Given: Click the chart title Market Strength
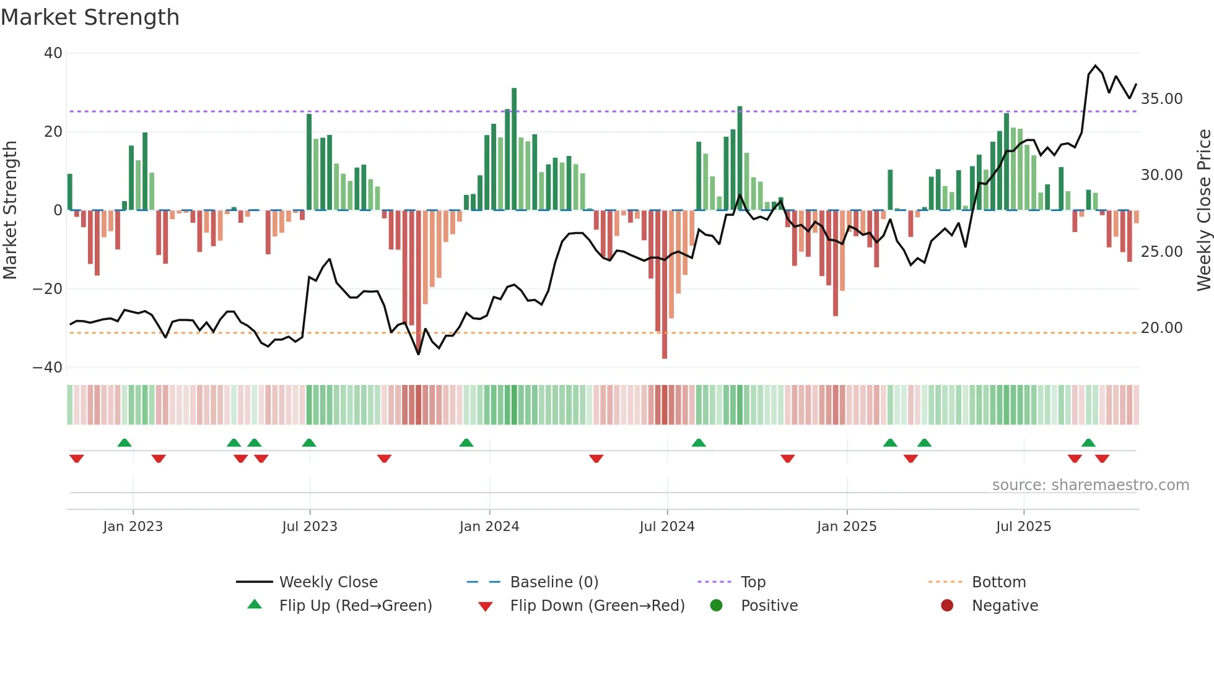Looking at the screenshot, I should [90, 17].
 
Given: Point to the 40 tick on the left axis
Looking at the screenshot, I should [53, 53].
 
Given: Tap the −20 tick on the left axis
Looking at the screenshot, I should [48, 289].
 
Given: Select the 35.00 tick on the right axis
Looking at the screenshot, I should [1161, 99].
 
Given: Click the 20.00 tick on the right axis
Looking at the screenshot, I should [1161, 328].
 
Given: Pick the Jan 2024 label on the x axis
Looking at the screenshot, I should [489, 527].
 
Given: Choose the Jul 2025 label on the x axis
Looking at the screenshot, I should [1023, 527].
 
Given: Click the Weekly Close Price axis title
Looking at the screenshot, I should [1203, 210].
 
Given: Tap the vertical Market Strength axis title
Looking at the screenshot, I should [10, 210].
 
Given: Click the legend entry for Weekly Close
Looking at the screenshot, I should [328, 582].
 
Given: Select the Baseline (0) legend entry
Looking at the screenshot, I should [554, 582].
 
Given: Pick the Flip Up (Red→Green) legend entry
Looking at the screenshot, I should [355, 606].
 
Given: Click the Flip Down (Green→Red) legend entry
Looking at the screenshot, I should [597, 606].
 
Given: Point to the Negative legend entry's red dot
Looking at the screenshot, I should [946, 606].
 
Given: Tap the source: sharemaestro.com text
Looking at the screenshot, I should [1090, 485].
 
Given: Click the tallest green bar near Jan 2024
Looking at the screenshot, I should [514, 149].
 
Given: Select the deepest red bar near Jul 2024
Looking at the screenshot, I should [665, 285].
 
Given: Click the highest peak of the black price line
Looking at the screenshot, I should [1095, 66].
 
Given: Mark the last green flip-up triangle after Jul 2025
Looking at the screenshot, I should [1088, 442].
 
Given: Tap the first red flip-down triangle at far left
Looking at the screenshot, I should [77, 459].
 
